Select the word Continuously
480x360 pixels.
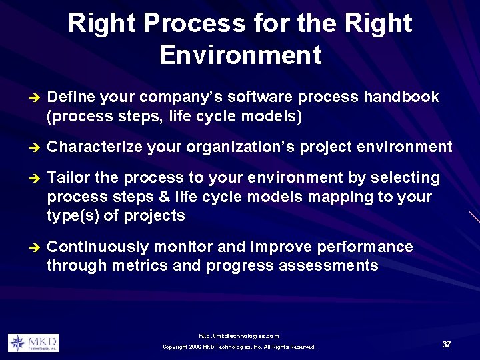[x=99, y=247]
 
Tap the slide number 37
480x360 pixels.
[x=446, y=344]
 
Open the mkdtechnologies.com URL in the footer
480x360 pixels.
[x=239, y=336]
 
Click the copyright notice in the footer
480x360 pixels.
[x=239, y=347]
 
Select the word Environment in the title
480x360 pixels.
[x=240, y=55]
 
